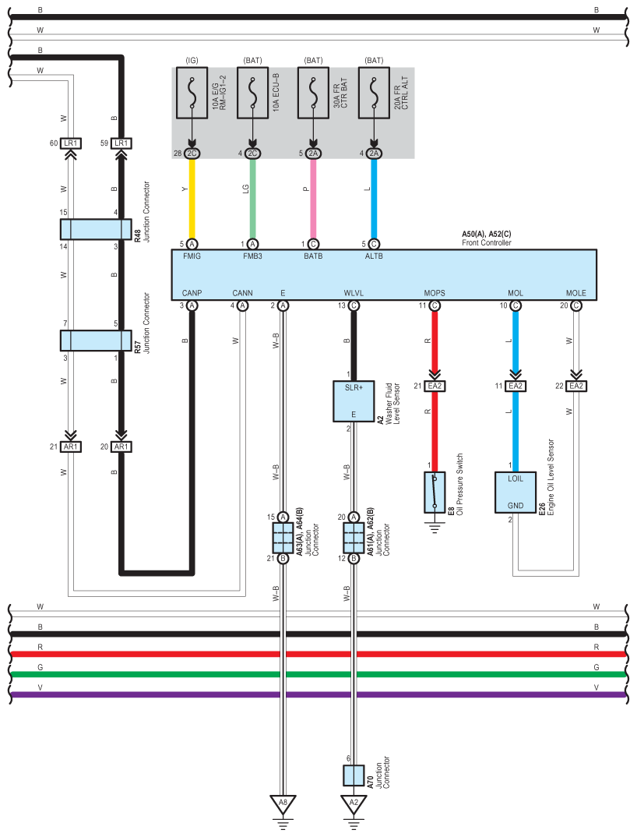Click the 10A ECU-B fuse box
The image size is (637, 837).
pos(252,93)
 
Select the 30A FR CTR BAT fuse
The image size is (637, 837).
pos(313,93)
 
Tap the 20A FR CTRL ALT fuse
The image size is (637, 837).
pos(374,93)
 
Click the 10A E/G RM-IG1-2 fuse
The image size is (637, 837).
pos(192,93)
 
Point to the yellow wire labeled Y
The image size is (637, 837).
pos(192,199)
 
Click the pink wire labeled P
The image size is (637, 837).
pos(313,199)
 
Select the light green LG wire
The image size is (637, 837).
pos(252,199)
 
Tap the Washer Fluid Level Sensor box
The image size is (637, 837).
pos(354,401)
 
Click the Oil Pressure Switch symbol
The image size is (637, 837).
pos(435,493)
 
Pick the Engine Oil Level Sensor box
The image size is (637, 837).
pos(516,493)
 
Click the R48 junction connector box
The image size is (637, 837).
pos(96,230)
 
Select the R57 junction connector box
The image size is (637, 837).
pos(96,341)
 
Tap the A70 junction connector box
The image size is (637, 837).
pos(354,775)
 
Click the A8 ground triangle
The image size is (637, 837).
pos(283,804)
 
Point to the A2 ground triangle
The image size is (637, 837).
pos(354,804)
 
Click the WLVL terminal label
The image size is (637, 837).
pos(354,293)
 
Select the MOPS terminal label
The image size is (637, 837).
pos(435,293)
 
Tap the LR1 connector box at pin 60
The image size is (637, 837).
pos(70,143)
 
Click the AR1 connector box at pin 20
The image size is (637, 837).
pos(121,447)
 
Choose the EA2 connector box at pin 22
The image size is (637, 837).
pos(576,386)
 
